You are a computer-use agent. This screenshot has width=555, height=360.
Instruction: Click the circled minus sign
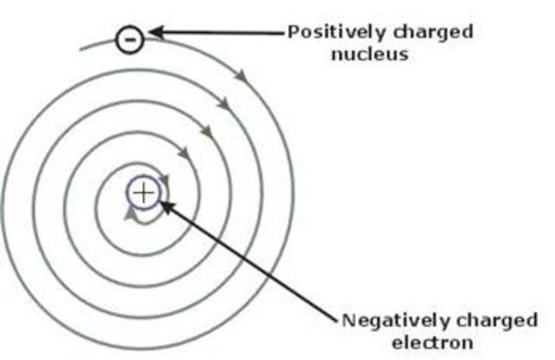pyautogui.click(x=128, y=39)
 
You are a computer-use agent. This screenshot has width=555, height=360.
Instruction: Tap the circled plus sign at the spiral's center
pyautogui.click(x=144, y=192)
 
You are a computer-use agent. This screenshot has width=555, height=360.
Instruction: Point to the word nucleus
pyautogui.click(x=378, y=54)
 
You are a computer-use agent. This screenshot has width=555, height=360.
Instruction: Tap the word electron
pyautogui.click(x=439, y=341)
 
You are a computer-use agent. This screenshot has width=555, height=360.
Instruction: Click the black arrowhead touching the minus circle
pyautogui.click(x=155, y=34)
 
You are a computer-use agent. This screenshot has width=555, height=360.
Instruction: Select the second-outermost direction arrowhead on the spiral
pyautogui.click(x=224, y=103)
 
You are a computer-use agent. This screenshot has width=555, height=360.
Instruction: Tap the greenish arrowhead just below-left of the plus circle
pyautogui.click(x=130, y=212)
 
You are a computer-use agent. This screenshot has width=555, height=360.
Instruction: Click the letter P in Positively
pyautogui.click(x=293, y=32)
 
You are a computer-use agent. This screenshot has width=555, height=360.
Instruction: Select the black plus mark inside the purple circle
pyautogui.click(x=144, y=192)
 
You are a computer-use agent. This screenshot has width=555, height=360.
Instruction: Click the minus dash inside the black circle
pyautogui.click(x=128, y=39)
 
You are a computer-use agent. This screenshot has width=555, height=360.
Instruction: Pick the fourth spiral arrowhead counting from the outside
pyautogui.click(x=185, y=154)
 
